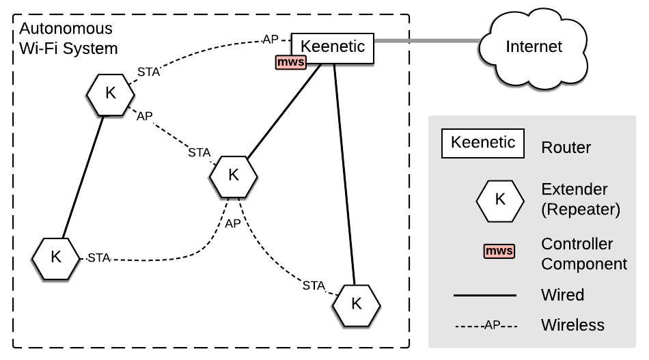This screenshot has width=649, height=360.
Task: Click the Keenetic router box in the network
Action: pos(333,48)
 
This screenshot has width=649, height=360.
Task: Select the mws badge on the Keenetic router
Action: pos(290,63)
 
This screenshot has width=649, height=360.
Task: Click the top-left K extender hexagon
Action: pos(110,94)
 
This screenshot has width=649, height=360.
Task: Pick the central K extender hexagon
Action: pos(234,175)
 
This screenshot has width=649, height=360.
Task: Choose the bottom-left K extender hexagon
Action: pos(56,258)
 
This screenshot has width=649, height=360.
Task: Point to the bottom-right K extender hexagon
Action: pos(356,303)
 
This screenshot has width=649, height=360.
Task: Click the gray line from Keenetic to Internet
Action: pos(427,42)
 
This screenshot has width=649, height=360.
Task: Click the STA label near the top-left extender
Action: pos(148,71)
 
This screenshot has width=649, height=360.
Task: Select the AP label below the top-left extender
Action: pos(145,116)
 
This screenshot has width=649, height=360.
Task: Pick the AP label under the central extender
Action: pos(233,223)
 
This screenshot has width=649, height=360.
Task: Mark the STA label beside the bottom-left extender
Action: pos(99,258)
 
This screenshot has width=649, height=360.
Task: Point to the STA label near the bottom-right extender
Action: pos(314,286)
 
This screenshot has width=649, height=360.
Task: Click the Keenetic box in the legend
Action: pos(483,143)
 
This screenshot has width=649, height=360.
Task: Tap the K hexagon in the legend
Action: pos(500,199)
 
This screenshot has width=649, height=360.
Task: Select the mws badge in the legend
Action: pos(499,251)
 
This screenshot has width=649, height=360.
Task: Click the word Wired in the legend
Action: pos(562,295)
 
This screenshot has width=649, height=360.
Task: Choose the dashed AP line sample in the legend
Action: pos(486,324)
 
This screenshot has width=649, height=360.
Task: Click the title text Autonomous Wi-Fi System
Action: pos(68,39)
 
